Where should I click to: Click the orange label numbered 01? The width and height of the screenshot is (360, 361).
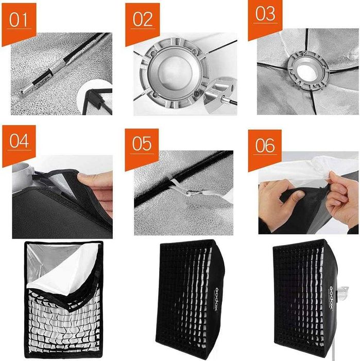point(19,23)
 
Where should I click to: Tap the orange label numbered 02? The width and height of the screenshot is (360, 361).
point(143,23)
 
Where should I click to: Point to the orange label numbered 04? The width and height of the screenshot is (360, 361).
point(19,145)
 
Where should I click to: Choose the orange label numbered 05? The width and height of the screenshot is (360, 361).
point(142,149)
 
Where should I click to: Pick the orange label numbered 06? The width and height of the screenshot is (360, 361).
point(265,150)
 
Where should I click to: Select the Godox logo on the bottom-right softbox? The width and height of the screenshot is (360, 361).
point(332,298)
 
